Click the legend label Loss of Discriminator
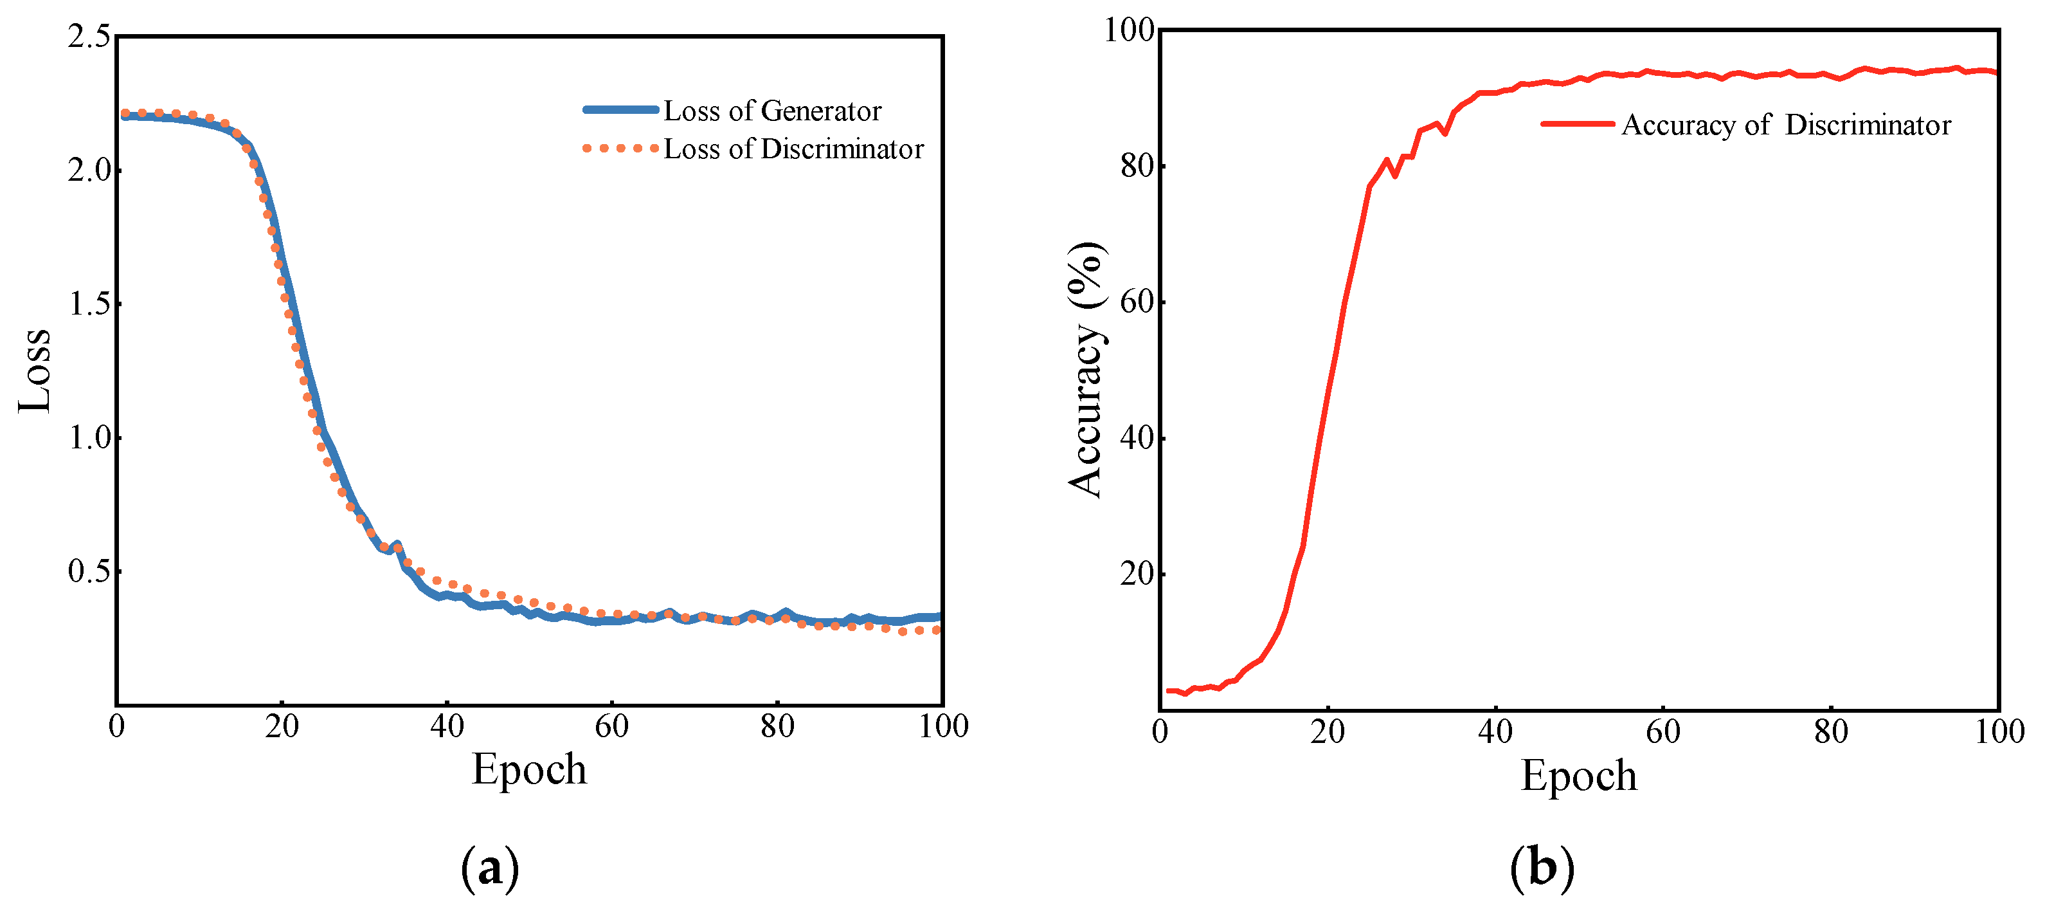[793, 149]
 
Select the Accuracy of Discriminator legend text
[1785, 125]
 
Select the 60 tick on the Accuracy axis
[1137, 302]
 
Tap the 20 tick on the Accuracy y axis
[1137, 574]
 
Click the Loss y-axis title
[35, 371]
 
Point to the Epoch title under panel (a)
[528, 769]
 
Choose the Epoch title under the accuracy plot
[1578, 776]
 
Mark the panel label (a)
[490, 868]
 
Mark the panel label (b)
[1541, 868]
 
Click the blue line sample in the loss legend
[621, 109]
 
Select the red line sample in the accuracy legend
[1578, 124]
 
